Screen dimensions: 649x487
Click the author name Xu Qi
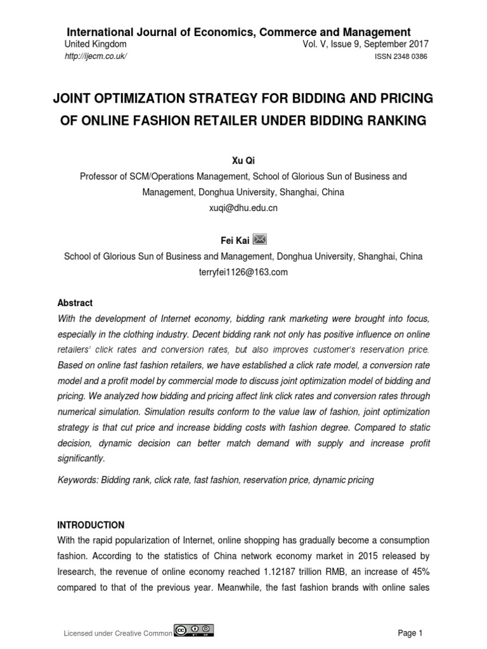243,162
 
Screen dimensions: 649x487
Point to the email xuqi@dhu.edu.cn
243,207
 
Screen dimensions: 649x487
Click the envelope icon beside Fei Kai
260,239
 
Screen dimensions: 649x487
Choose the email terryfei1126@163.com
243,272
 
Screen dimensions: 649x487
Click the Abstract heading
75,303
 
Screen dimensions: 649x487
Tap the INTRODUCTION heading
91,525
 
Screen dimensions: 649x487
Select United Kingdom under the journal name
96,44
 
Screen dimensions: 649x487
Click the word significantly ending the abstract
81,458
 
